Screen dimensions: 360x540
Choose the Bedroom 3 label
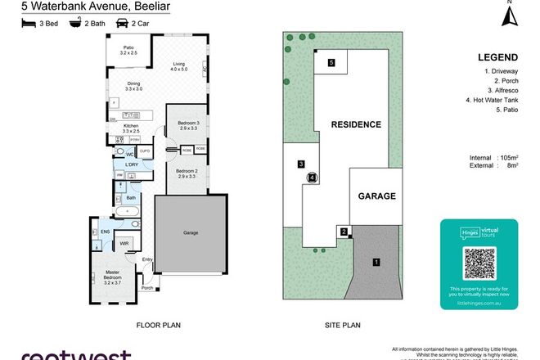pyautogui.click(x=187, y=125)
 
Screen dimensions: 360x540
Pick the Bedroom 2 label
pyautogui.click(x=187, y=173)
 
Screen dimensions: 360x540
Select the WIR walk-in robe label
pyautogui.click(x=124, y=243)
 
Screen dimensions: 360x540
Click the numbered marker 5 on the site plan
pyautogui.click(x=331, y=62)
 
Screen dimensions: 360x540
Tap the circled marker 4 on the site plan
pyautogui.click(x=312, y=178)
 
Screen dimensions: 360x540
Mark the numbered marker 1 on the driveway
pyautogui.click(x=376, y=262)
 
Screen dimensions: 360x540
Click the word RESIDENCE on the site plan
pyautogui.click(x=356, y=125)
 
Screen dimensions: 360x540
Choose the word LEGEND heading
pyautogui.click(x=497, y=57)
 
